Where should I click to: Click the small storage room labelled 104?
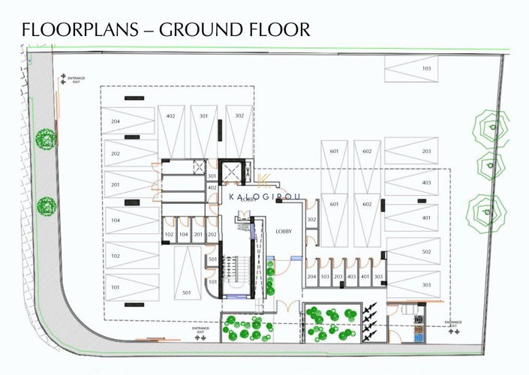(183, 234)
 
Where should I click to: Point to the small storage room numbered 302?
(311, 220)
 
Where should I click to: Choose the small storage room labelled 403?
(351, 277)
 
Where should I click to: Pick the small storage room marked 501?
(212, 259)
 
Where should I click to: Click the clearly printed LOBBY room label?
(284, 232)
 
